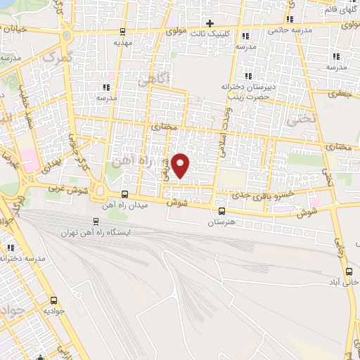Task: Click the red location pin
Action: (181, 165)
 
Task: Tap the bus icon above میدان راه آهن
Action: (124, 195)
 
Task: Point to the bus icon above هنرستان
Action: (222, 211)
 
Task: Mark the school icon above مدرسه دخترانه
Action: (11, 248)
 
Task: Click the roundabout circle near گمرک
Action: (67, 34)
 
